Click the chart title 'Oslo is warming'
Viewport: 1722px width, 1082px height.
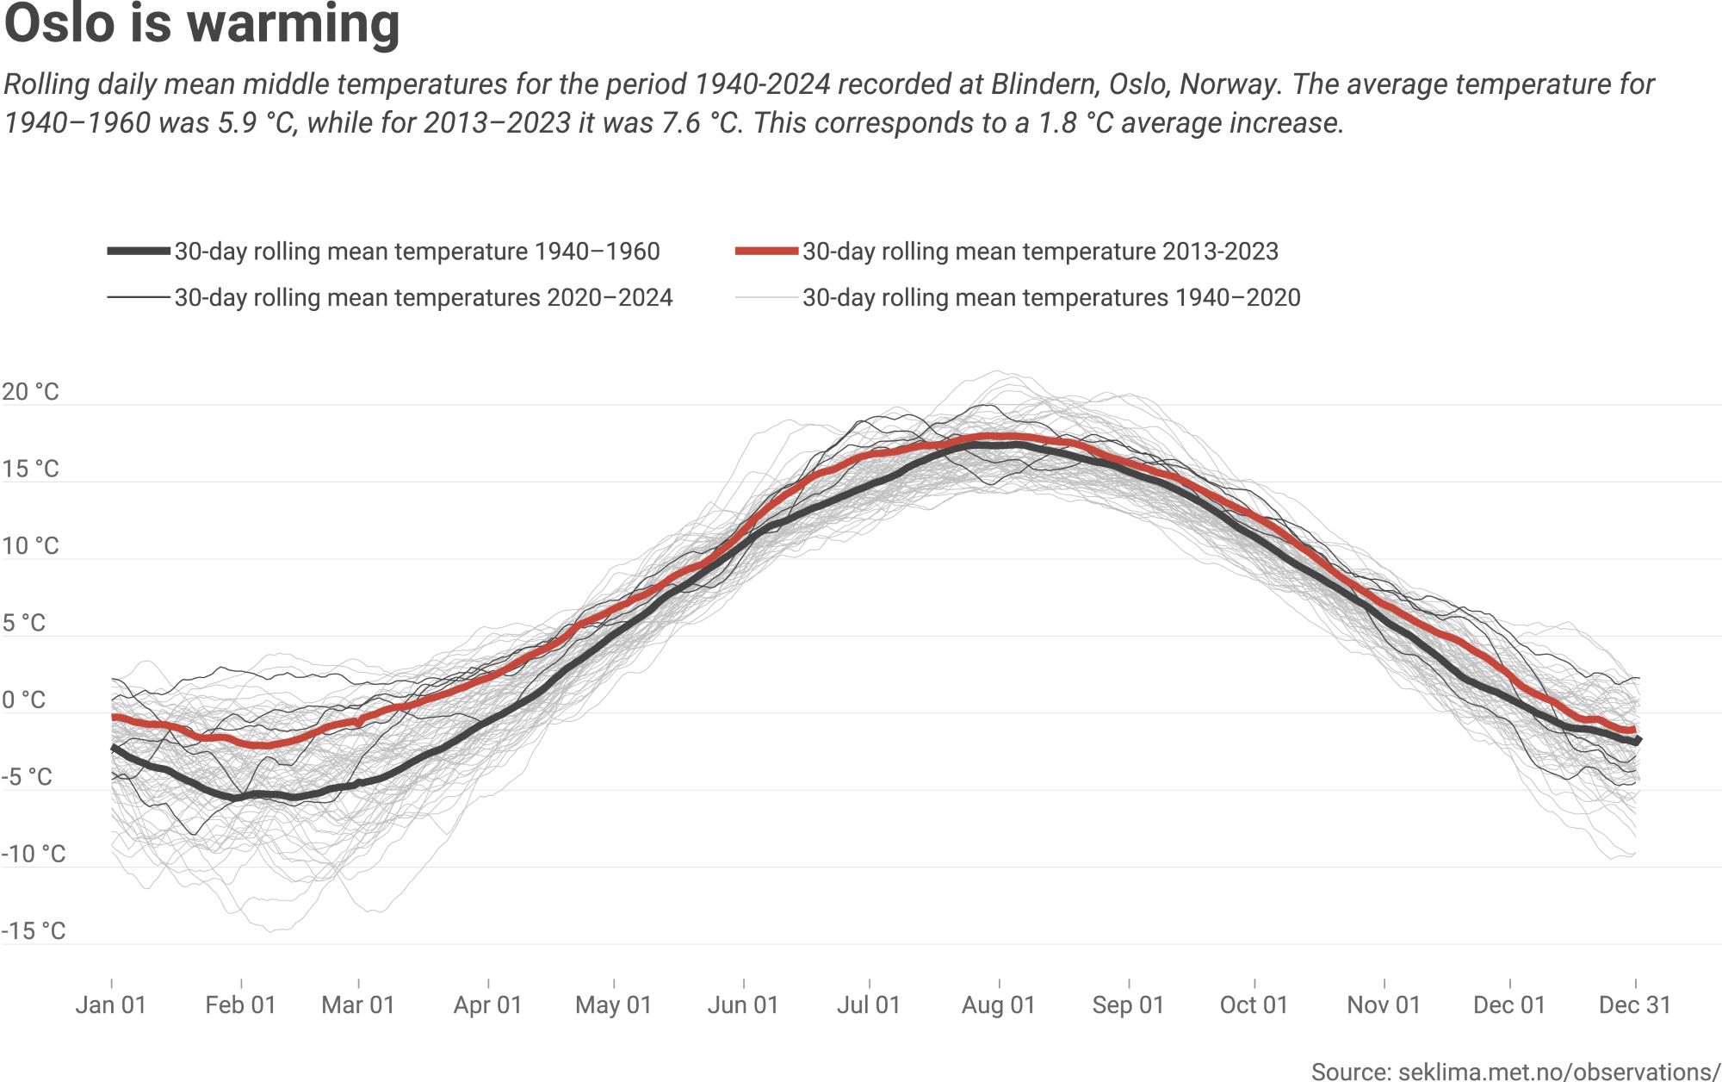pyautogui.click(x=201, y=24)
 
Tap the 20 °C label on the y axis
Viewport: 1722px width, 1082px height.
pyautogui.click(x=31, y=392)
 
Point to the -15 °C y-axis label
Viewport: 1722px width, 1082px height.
pyautogui.click(x=34, y=930)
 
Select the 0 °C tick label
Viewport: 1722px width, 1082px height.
pyautogui.click(x=24, y=700)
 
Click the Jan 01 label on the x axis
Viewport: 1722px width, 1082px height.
pyautogui.click(x=111, y=1004)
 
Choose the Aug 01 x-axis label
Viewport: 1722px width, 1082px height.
pyautogui.click(x=998, y=1004)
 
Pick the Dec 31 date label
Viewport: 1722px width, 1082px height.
pyautogui.click(x=1634, y=1004)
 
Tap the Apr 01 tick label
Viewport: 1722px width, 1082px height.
pyautogui.click(x=487, y=1004)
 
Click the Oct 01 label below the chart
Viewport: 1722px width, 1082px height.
pyautogui.click(x=1254, y=1004)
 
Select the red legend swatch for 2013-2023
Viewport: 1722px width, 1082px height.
pyautogui.click(x=766, y=251)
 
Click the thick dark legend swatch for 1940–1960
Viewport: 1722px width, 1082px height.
pyautogui.click(x=139, y=251)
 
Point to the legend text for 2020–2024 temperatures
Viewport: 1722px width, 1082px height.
pyautogui.click(x=423, y=298)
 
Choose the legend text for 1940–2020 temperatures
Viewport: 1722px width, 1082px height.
pyautogui.click(x=1050, y=298)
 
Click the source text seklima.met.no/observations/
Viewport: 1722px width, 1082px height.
pyautogui.click(x=1515, y=1072)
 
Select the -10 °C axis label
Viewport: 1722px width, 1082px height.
pyautogui.click(x=34, y=854)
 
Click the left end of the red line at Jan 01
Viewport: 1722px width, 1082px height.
pyautogui.click(x=115, y=717)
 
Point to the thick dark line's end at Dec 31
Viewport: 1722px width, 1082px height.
pyautogui.click(x=1638, y=740)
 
